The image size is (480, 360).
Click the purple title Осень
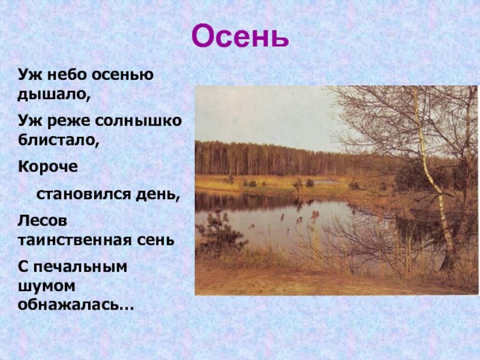pos(240,36)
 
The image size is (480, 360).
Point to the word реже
pos(69,122)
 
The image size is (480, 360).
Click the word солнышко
pos(138,121)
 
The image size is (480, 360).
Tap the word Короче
pos(48,167)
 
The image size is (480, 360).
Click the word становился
pos(84,194)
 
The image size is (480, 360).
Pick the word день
pos(156,194)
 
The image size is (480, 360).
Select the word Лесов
pos(42,221)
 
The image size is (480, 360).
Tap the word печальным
pos(80,266)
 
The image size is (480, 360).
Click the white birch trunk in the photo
pos(431,178)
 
